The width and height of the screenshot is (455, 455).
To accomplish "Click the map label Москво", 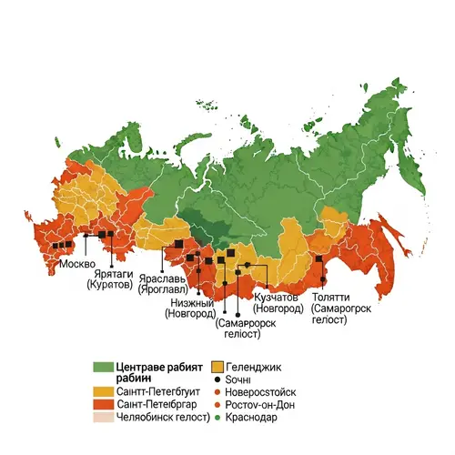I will pyautogui.click(x=76, y=264).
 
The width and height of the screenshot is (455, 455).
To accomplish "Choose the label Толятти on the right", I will pyautogui.click(x=329, y=297).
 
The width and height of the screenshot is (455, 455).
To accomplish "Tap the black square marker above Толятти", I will pyautogui.click(x=320, y=258).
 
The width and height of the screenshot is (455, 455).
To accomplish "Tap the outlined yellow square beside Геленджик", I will pyautogui.click(x=217, y=367).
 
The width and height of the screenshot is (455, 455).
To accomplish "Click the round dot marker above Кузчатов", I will pyautogui.click(x=247, y=265).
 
